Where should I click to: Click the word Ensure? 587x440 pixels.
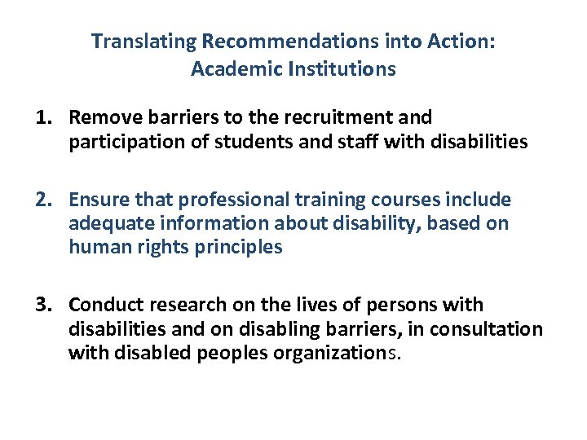99,200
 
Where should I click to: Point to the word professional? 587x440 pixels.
226,200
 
